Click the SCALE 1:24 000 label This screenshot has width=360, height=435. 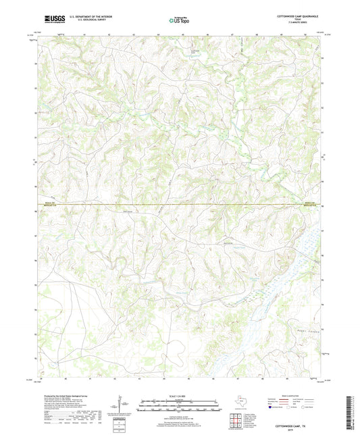pyautogui.click(x=180, y=396)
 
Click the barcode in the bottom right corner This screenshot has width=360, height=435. pyautogui.click(x=349, y=411)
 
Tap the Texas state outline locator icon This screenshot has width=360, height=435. pyautogui.click(x=240, y=403)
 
